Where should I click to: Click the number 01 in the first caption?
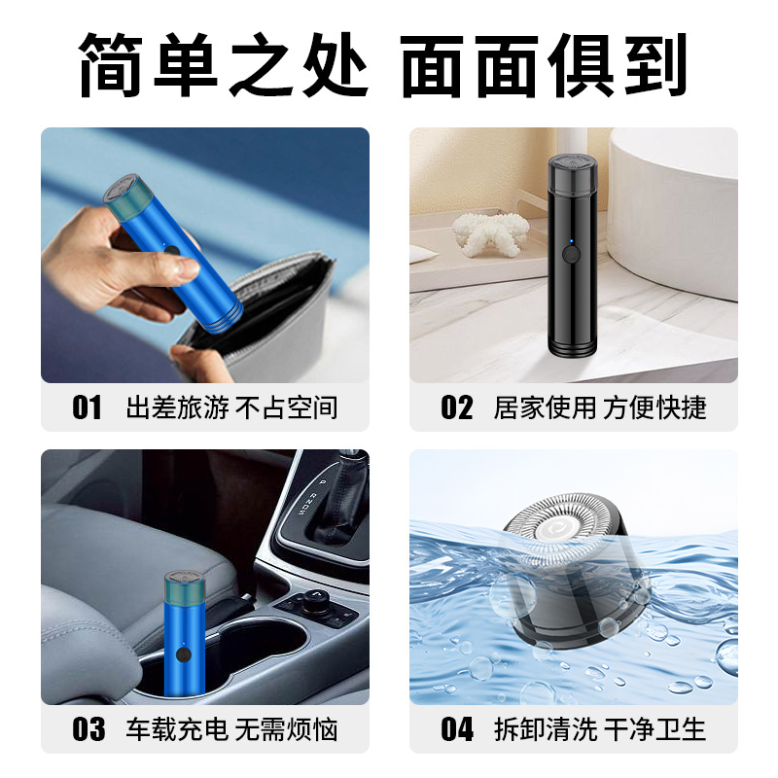[x=87, y=407]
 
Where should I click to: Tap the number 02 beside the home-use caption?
[x=456, y=407]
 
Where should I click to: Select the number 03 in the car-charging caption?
[x=88, y=729]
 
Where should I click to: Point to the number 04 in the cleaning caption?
[x=457, y=729]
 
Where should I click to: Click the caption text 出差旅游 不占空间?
[x=231, y=407]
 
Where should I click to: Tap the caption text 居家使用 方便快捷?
[x=600, y=407]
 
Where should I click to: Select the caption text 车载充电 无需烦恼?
[x=231, y=729]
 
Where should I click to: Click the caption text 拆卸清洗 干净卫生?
[x=600, y=729]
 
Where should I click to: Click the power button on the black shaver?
[x=571, y=255]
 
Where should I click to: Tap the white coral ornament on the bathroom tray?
[x=490, y=234]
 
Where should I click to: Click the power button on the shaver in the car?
[x=184, y=654]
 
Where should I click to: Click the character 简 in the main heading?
[x=110, y=64]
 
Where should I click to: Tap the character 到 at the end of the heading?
[x=655, y=64]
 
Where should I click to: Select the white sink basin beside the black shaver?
[x=675, y=208]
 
